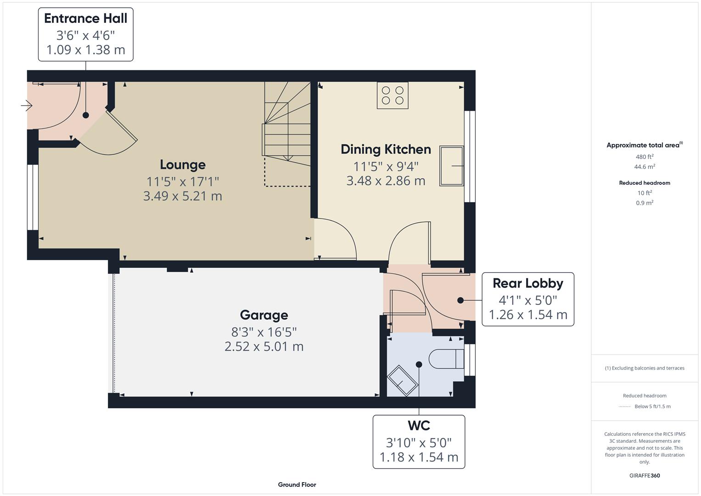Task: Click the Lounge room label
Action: point(183,164)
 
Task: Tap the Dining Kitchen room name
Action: point(386,149)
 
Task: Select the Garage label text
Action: point(264,315)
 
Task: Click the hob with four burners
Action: point(393,96)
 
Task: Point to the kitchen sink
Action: point(451,166)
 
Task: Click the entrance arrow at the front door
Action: point(27,106)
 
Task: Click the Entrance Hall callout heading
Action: point(85,18)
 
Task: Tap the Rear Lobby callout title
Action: point(528,283)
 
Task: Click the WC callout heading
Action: point(419,426)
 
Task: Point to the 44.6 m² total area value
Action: point(645,167)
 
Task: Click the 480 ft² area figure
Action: point(645,157)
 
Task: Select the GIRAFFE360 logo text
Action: point(645,475)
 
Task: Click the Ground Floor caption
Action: point(297,485)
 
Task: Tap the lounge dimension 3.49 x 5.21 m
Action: point(183,196)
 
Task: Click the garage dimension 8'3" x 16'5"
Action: point(264,332)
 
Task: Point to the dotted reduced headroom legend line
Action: point(625,406)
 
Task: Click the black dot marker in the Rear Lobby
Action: point(460,300)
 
